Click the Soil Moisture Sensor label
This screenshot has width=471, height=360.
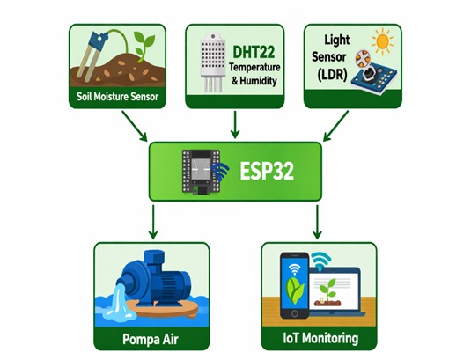[117, 97]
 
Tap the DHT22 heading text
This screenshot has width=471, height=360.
[254, 52]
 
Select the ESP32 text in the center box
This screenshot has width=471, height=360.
[267, 171]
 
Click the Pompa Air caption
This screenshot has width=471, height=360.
[151, 339]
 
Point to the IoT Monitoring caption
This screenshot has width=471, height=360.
[320, 338]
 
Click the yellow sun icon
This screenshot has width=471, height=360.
[382, 41]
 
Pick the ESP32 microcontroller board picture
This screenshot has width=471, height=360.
[202, 172]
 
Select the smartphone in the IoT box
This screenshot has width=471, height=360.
[294, 285]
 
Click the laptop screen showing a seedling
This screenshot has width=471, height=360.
[334, 290]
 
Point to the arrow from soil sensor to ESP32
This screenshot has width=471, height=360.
[135, 126]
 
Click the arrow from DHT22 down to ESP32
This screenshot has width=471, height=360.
[235, 125]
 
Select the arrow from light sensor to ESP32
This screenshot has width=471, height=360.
[335, 126]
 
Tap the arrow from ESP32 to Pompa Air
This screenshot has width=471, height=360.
[153, 222]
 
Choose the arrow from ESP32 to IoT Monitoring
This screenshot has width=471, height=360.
[317, 222]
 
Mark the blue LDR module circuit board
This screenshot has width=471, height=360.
[375, 78]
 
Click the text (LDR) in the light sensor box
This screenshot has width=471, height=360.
[332, 74]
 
